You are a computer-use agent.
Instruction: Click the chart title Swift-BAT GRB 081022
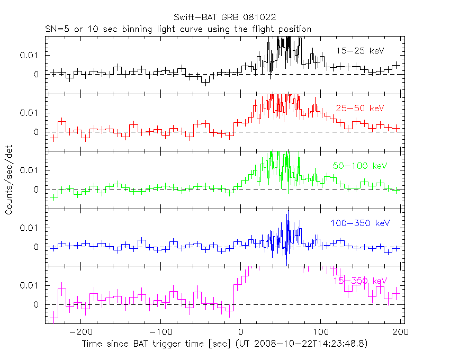click(x=224, y=19)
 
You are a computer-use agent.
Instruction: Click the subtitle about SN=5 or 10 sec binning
click(x=177, y=29)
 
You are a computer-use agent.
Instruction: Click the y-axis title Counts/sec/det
click(x=10, y=181)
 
